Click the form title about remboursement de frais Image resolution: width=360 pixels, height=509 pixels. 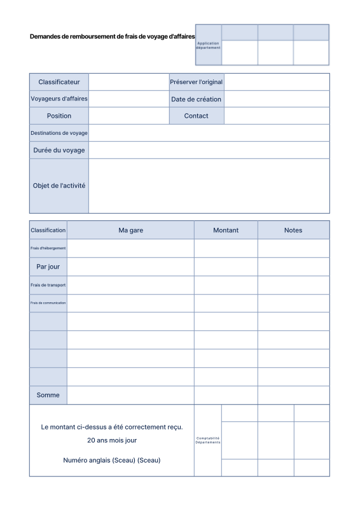112,37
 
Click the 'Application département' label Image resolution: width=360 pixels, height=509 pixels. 209,45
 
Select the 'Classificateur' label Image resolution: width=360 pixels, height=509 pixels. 59,82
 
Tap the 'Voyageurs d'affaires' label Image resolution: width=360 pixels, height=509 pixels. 59,99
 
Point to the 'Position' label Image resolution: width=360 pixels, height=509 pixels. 59,116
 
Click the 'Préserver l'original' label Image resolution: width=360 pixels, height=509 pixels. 196,82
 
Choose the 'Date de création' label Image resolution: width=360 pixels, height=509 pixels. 196,99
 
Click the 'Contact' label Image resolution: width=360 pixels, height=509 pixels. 196,116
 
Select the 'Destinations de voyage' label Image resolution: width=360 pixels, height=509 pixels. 59,133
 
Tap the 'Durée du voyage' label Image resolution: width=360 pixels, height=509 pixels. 59,150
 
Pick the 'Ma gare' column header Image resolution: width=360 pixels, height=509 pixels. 130,230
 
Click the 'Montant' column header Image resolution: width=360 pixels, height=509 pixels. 226,230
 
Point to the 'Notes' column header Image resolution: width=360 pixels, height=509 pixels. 293,230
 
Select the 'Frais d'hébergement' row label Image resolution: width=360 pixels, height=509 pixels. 48,248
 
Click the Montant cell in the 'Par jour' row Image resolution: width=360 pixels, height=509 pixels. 226,267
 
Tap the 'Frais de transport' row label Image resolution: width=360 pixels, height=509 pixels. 48,285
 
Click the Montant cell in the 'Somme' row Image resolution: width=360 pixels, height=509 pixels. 226,395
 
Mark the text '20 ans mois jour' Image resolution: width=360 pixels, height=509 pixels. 112,440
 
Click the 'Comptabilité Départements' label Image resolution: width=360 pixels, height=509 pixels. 208,440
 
